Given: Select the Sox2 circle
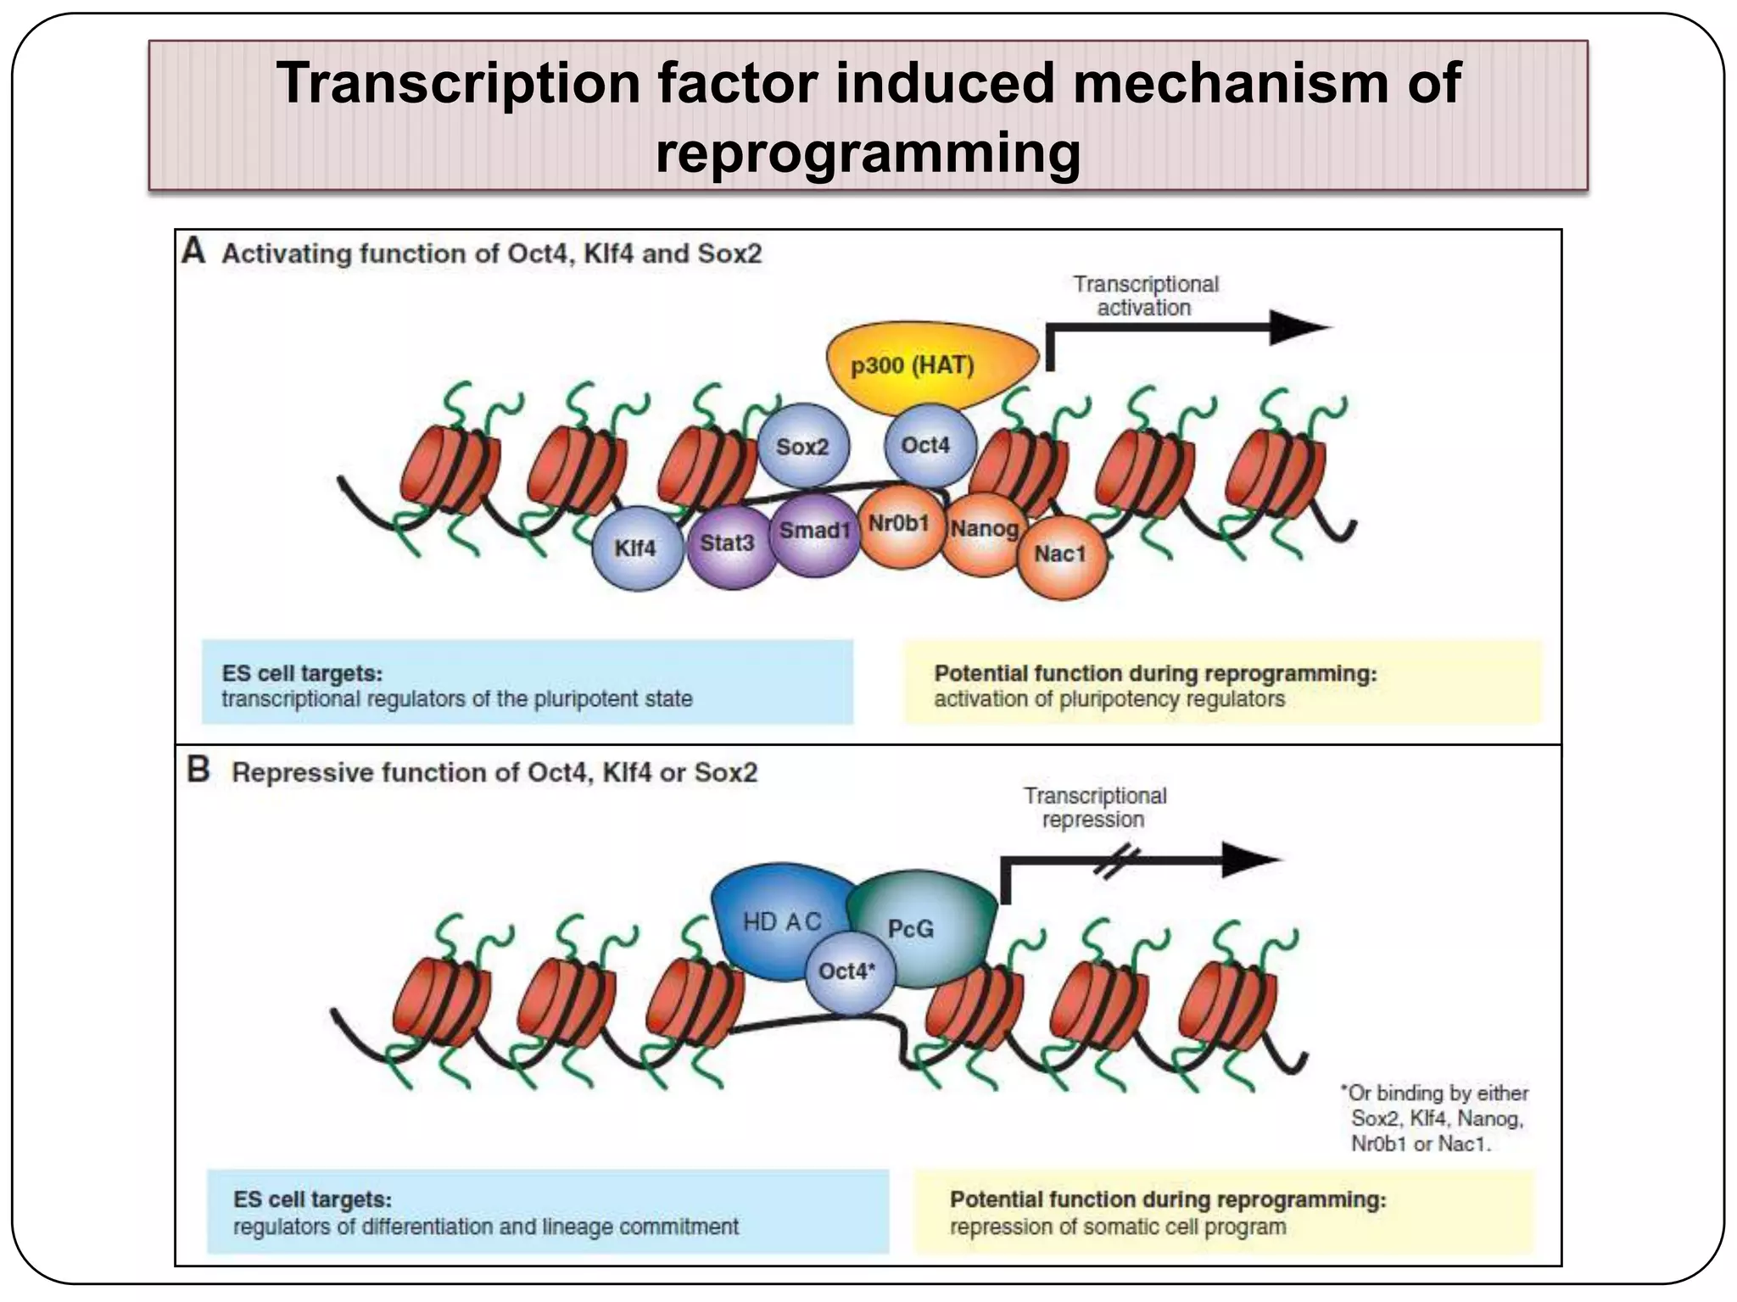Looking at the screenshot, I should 802,446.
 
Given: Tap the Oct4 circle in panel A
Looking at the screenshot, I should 927,444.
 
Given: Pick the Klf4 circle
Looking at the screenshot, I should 636,548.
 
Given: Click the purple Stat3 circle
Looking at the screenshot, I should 728,543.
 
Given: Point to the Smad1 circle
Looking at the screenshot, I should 813,532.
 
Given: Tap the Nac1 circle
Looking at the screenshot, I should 1060,554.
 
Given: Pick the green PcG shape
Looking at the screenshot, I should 916,928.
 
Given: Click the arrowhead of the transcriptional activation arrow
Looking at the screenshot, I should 1298,327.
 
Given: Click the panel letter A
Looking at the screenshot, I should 194,252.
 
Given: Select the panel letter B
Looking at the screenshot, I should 198,770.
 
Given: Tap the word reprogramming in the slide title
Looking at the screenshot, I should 868,153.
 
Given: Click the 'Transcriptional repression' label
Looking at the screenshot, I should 1094,807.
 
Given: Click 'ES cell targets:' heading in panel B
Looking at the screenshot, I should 312,1199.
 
